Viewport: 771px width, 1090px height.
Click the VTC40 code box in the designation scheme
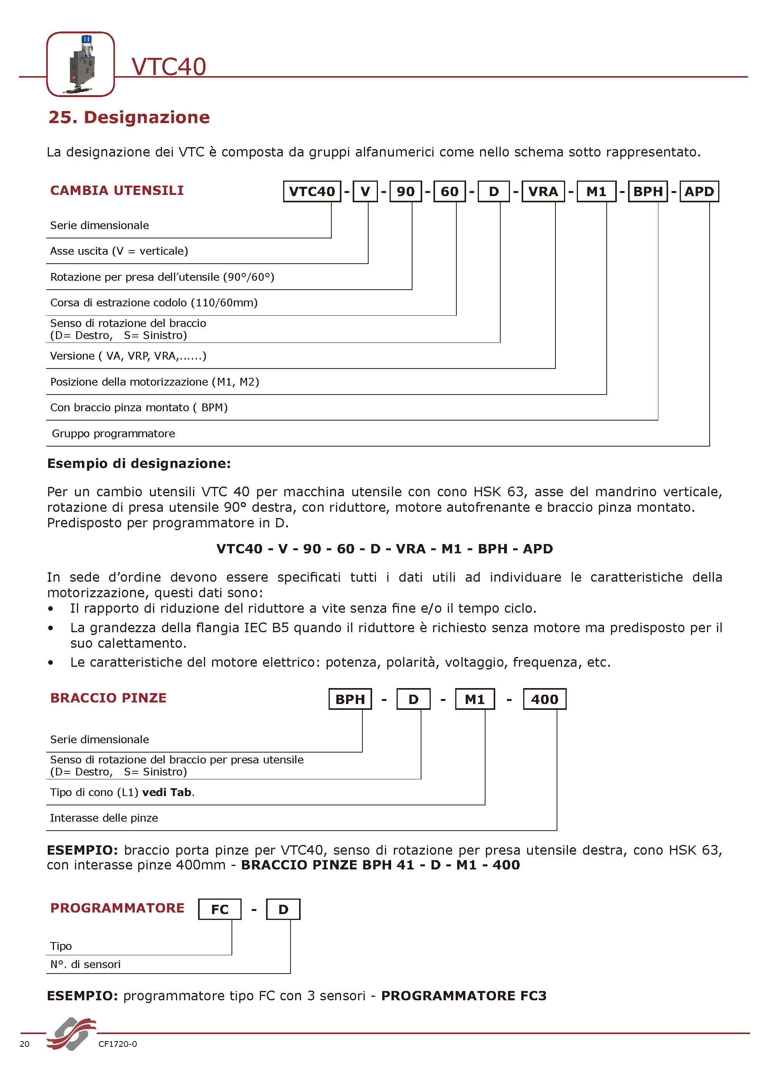pyautogui.click(x=312, y=191)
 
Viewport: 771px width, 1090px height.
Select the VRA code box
pyautogui.click(x=543, y=191)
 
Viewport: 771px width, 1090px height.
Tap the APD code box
pyautogui.click(x=699, y=191)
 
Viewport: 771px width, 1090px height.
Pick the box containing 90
pyautogui.click(x=406, y=191)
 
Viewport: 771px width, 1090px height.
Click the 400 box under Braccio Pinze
pyautogui.click(x=545, y=699)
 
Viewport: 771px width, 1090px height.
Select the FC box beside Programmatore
pyautogui.click(x=220, y=909)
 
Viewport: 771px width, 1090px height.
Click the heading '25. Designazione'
pyautogui.click(x=129, y=117)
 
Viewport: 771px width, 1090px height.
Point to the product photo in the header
pyautogui.click(x=81, y=64)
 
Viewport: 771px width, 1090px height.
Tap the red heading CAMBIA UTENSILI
pyautogui.click(x=117, y=190)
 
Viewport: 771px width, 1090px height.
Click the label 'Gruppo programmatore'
pyautogui.click(x=113, y=433)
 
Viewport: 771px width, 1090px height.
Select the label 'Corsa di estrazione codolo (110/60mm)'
pyautogui.click(x=154, y=303)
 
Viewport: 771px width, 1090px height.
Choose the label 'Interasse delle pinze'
pyautogui.click(x=104, y=818)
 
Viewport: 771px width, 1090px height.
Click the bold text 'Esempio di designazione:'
pyautogui.click(x=139, y=463)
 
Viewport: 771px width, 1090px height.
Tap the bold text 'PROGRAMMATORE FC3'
pyautogui.click(x=464, y=996)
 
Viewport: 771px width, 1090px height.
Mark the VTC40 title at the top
pyautogui.click(x=169, y=66)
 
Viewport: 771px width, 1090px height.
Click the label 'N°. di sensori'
pyautogui.click(x=85, y=964)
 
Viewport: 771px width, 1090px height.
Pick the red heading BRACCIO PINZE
pyautogui.click(x=108, y=698)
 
